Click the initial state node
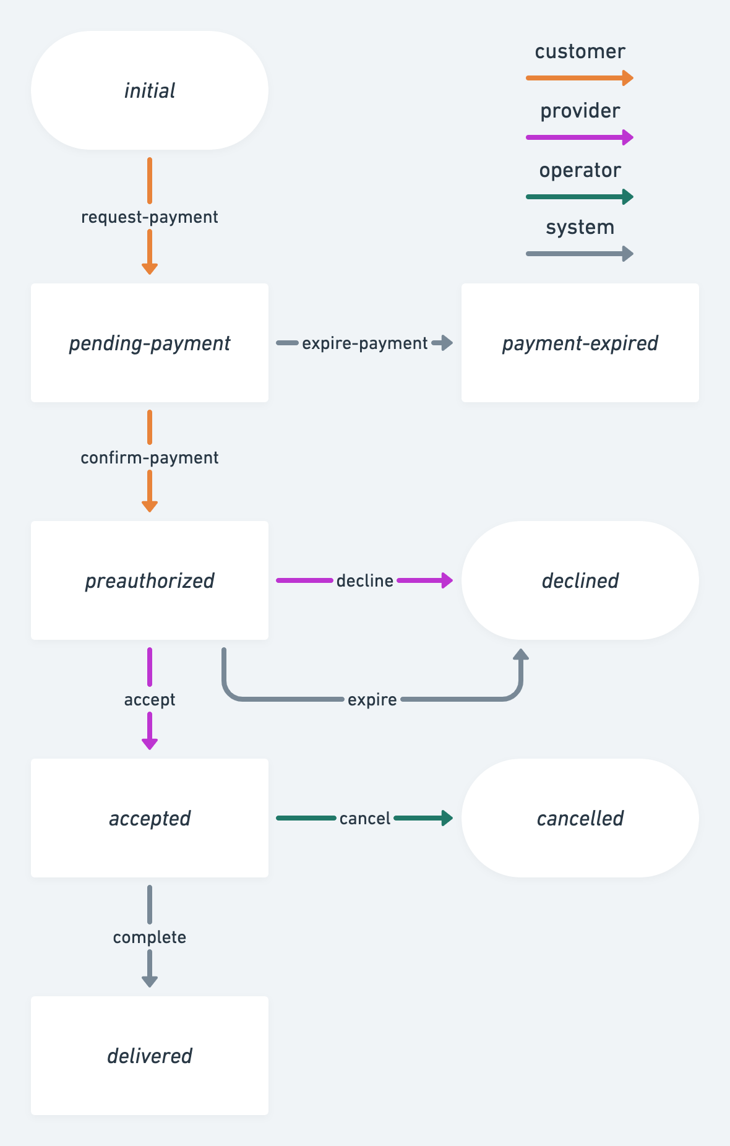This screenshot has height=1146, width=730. pyautogui.click(x=150, y=90)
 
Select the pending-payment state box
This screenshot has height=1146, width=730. pyautogui.click(x=150, y=343)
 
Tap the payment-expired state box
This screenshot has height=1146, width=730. pyautogui.click(x=580, y=343)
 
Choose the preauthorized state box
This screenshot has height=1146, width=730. pyautogui.click(x=150, y=580)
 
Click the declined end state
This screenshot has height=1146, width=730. pyautogui.click(x=580, y=580)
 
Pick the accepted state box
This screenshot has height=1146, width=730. pyautogui.click(x=150, y=818)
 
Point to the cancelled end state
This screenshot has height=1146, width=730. pyautogui.click(x=580, y=818)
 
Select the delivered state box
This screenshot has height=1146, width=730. pyautogui.click(x=150, y=1056)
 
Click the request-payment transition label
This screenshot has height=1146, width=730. pyautogui.click(x=150, y=217)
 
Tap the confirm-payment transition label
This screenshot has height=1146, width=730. pyautogui.click(x=150, y=458)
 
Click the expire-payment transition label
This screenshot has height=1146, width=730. pyautogui.click(x=365, y=343)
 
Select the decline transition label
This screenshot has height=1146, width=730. pyautogui.click(x=365, y=581)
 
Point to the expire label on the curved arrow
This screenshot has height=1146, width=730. pyautogui.click(x=372, y=700)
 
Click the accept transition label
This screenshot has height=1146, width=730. pyautogui.click(x=150, y=700)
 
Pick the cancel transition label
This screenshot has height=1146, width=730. pyautogui.click(x=365, y=819)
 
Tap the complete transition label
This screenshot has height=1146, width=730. pyautogui.click(x=150, y=937)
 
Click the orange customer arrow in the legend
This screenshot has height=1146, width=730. pyautogui.click(x=579, y=78)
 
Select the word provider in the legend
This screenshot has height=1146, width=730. pyautogui.click(x=580, y=111)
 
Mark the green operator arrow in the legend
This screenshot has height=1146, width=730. pyautogui.click(x=579, y=197)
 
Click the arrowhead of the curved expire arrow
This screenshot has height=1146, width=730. pyautogui.click(x=521, y=655)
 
